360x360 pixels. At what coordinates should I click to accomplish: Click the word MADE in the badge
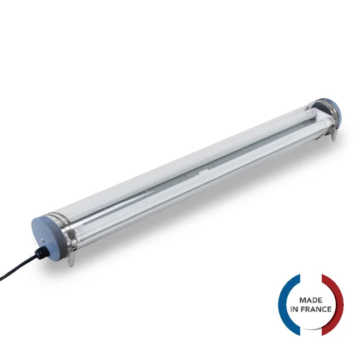(311, 300)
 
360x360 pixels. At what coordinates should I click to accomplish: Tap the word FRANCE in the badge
(316, 309)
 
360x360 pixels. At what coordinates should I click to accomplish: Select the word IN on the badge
(294, 309)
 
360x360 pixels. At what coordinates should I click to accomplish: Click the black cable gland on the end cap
(42, 252)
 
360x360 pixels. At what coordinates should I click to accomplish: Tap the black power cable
(19, 267)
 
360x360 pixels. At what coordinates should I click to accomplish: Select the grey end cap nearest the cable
(49, 236)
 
